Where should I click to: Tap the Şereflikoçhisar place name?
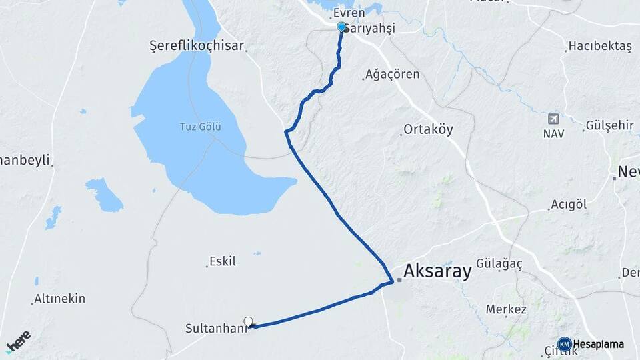[x=197, y=47]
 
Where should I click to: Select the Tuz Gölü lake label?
[x=200, y=127]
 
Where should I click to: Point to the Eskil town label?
[x=223, y=261]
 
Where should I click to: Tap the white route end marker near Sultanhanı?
[x=249, y=322]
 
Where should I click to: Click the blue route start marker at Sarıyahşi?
[x=342, y=27]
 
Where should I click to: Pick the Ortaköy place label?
[x=428, y=130]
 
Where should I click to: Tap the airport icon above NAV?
[x=553, y=119]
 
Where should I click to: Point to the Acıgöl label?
[x=569, y=205]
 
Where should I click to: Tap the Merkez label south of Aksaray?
[x=506, y=309]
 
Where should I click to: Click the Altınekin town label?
[x=60, y=299]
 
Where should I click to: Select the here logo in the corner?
[x=18, y=340]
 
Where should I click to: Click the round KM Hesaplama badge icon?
[x=565, y=345]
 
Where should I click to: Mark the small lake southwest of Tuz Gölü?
[x=103, y=194]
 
